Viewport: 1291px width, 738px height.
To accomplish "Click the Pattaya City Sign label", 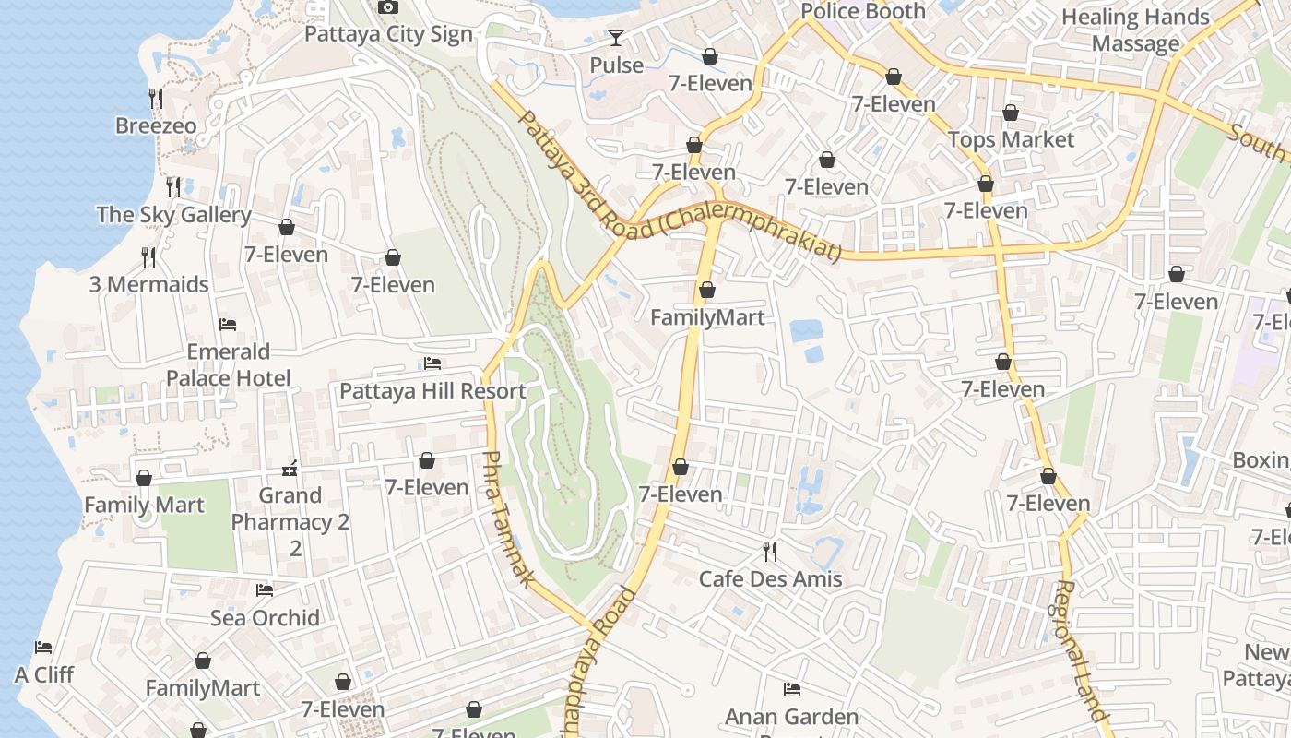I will pyautogui.click(x=388, y=34).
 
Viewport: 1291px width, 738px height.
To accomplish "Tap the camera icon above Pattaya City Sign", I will pyautogui.click(x=388, y=7).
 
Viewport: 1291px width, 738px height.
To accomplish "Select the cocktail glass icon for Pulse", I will pyautogui.click(x=616, y=38).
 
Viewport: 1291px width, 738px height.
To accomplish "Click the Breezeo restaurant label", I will pyautogui.click(x=156, y=125).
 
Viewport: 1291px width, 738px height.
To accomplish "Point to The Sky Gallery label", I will pyautogui.click(x=173, y=215).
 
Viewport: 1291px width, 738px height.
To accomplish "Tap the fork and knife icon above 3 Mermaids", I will pyautogui.click(x=148, y=256).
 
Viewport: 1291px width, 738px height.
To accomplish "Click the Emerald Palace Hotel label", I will pyautogui.click(x=228, y=364).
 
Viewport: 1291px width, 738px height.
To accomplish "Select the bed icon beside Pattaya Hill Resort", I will pyautogui.click(x=432, y=363).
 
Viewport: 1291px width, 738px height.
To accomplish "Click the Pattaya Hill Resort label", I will pyautogui.click(x=432, y=390).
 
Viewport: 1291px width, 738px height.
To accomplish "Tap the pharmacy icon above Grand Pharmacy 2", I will pyautogui.click(x=290, y=469).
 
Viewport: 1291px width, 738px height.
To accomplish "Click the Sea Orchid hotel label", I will pyautogui.click(x=265, y=617).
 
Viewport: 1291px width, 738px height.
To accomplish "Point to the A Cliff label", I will pyautogui.click(x=44, y=674).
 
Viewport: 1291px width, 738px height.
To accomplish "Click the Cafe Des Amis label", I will pyautogui.click(x=770, y=578).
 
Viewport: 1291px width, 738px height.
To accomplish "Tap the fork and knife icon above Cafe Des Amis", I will pyautogui.click(x=770, y=552).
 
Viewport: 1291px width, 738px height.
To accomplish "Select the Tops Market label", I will pyautogui.click(x=1011, y=139).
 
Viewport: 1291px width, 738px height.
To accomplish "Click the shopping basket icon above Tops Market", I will pyautogui.click(x=1011, y=113).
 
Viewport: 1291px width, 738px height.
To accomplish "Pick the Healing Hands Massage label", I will pyautogui.click(x=1135, y=30).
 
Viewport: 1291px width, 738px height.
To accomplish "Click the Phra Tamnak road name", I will pyautogui.click(x=508, y=518).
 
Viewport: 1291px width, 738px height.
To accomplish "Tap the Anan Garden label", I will pyautogui.click(x=791, y=717).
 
